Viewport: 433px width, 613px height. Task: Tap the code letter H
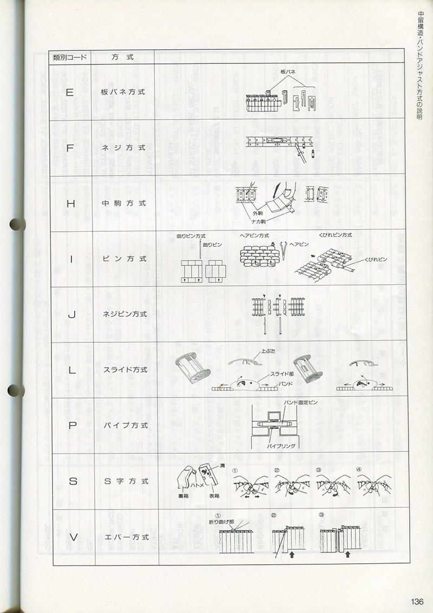click(x=70, y=204)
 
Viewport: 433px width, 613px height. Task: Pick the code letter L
click(x=71, y=370)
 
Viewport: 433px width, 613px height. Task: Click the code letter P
click(x=72, y=426)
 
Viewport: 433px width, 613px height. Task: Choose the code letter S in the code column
click(x=73, y=481)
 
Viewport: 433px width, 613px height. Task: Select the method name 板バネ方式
click(x=123, y=92)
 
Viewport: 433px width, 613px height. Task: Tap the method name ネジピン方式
click(x=125, y=314)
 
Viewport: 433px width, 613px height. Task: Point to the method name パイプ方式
click(x=126, y=426)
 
